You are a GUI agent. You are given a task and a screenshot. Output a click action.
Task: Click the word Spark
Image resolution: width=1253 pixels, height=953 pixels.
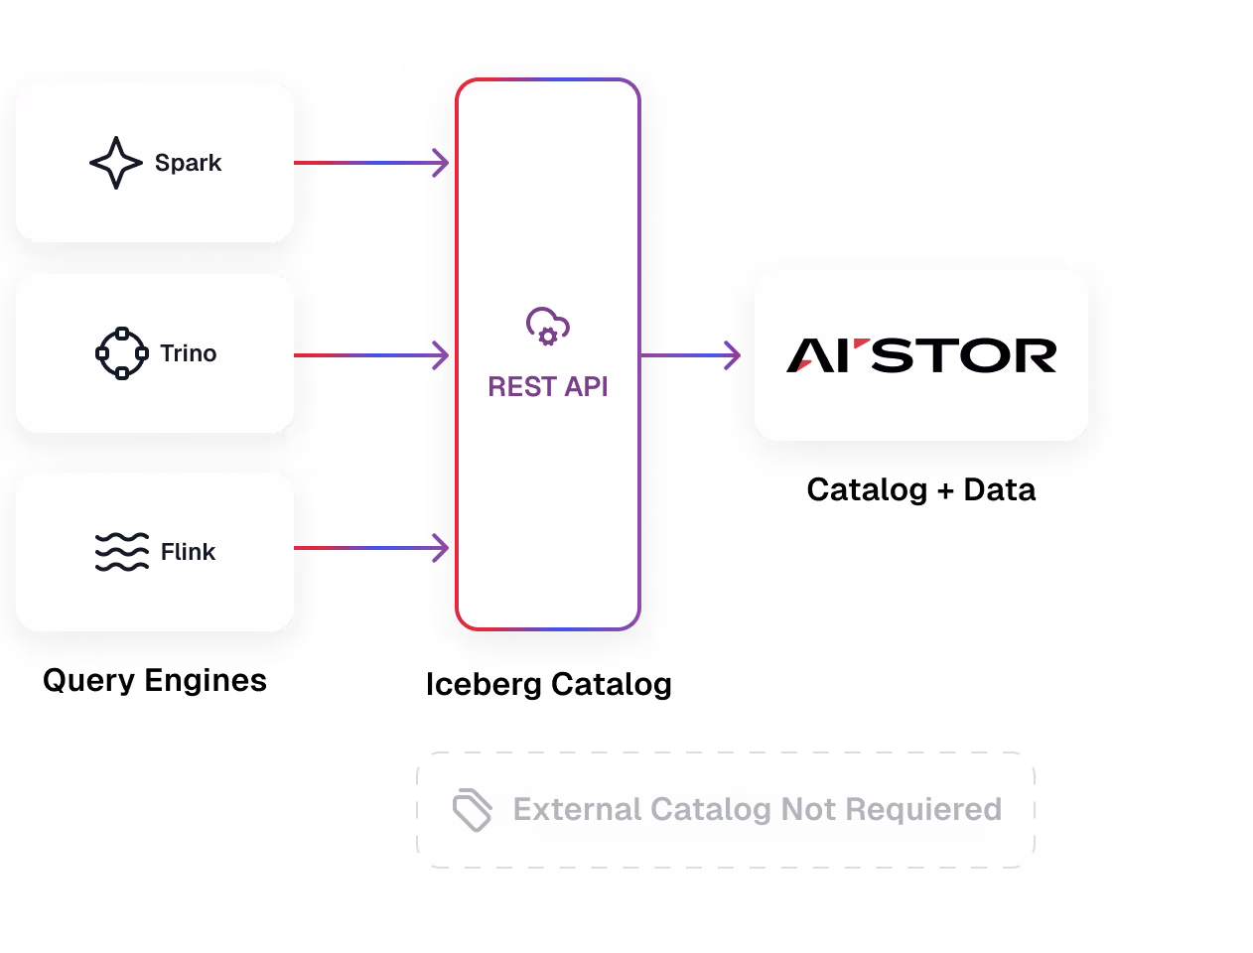(x=188, y=163)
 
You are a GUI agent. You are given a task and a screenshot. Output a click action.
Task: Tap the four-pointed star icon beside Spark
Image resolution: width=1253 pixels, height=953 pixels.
(x=116, y=163)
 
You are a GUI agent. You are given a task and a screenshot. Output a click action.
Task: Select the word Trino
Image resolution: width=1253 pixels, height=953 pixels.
(x=188, y=353)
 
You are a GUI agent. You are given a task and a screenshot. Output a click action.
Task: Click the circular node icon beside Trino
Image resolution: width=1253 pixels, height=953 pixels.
(x=122, y=353)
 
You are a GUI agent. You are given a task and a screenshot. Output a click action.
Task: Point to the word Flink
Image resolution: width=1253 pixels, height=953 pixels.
(x=188, y=552)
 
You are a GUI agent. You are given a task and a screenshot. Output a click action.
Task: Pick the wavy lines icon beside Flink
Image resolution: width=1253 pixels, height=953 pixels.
(x=122, y=552)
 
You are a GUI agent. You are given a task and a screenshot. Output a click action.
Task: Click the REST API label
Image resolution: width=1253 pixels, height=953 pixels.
(x=547, y=386)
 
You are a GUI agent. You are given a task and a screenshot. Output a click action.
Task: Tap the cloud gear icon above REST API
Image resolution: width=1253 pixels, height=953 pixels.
(x=547, y=327)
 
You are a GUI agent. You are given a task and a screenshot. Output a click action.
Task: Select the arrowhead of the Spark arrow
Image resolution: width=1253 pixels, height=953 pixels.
(x=441, y=163)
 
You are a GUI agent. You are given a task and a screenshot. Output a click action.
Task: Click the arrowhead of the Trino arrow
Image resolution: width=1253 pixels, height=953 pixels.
(x=441, y=354)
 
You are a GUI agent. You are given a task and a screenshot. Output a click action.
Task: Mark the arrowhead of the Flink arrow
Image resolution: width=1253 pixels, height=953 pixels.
(x=441, y=547)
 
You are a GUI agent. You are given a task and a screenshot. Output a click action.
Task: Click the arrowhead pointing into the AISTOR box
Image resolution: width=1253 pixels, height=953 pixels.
(x=733, y=354)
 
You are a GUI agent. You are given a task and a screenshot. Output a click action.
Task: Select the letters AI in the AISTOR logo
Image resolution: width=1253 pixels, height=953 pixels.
(x=819, y=355)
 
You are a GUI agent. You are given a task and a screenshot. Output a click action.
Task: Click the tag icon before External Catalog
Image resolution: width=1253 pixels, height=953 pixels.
(x=473, y=811)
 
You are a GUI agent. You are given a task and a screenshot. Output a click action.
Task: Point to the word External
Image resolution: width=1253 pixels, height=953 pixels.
(x=577, y=809)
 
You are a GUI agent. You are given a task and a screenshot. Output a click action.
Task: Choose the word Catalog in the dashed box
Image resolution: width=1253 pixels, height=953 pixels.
(x=711, y=809)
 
